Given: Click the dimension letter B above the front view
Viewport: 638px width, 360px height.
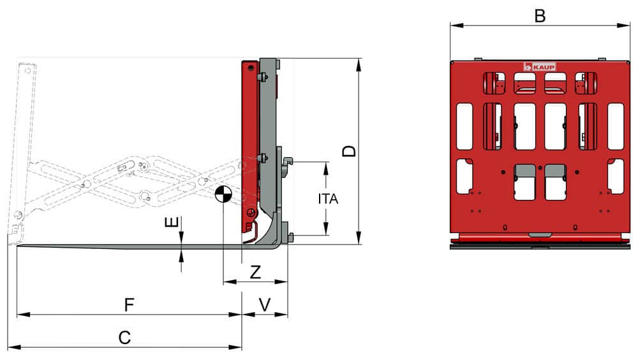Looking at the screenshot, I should pos(540,16).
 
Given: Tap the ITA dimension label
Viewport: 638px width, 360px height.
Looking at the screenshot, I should pos(328,199).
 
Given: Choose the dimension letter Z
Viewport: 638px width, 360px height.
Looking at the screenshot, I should pos(255,272).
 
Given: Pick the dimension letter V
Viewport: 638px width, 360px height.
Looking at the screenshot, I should pos(265,304).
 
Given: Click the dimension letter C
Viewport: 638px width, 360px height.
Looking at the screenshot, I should pos(125,338).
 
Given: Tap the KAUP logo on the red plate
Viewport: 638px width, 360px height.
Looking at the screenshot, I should pos(540,66).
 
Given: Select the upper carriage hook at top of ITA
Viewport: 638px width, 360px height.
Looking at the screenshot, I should pos(286,161).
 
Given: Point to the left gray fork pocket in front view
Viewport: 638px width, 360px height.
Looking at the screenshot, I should pos(524,170).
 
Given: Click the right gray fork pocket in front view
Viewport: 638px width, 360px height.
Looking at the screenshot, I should pos(555,170).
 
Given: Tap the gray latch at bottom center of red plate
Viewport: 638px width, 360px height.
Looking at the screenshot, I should pos(540,234).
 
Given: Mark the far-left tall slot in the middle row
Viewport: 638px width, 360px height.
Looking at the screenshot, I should pos(464,126).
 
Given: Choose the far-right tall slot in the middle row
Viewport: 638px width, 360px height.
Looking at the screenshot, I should pos(616,126).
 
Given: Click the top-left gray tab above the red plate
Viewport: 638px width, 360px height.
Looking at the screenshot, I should pos(477,59).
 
